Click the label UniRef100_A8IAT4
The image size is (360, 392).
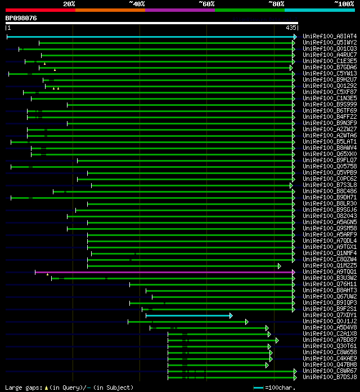[330, 36]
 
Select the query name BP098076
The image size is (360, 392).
[21, 18]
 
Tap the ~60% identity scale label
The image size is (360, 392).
[206, 3]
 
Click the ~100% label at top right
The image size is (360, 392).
[344, 3]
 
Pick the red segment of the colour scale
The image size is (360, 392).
[40, 10]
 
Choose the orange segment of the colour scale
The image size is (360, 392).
[110, 10]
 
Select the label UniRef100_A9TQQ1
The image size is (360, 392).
[330, 271]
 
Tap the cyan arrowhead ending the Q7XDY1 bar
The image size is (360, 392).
[231, 315]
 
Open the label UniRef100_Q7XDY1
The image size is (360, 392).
[330, 315]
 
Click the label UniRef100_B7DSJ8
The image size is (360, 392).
[330, 377]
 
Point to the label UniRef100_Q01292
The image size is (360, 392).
[330, 86]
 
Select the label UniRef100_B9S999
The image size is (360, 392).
[330, 104]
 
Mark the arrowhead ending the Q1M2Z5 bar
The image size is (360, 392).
[279, 266]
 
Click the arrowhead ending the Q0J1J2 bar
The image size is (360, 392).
[246, 322]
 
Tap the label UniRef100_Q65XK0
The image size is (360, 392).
[330, 154]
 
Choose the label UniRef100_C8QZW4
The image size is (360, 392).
[330, 259]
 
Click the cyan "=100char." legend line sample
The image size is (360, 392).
[258, 387]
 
